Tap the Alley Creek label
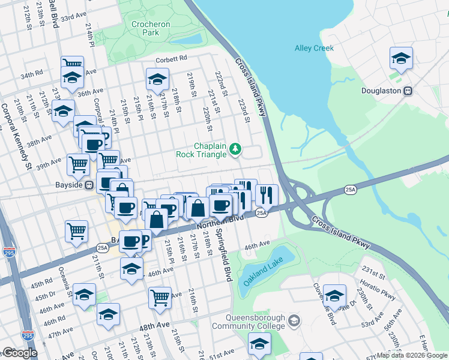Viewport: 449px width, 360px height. [x=314, y=49]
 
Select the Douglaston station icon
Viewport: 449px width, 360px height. [x=408, y=91]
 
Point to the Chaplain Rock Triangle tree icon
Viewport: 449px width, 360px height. [x=236, y=148]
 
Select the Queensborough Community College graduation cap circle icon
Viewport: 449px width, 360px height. [x=294, y=320]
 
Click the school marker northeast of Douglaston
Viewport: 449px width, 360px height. [x=401, y=58]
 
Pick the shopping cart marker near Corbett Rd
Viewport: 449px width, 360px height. [x=72, y=64]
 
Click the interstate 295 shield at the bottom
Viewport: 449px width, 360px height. [x=28, y=336]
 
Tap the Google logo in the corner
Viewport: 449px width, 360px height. [x=20, y=353]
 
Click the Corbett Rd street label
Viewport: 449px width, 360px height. [x=171, y=58]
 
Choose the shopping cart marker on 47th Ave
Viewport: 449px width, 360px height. [x=160, y=296]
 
